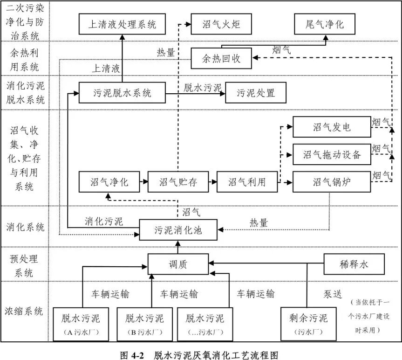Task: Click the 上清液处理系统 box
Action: pyautogui.click(x=123, y=24)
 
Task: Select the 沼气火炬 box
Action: pyautogui.click(x=221, y=24)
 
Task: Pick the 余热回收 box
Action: pyautogui.click(x=221, y=59)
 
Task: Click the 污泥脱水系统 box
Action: pyautogui.click(x=123, y=93)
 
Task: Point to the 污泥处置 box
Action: pyautogui.click(x=256, y=93)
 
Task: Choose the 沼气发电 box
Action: pyautogui.click(x=332, y=127)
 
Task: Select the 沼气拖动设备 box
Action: pyautogui.click(x=332, y=154)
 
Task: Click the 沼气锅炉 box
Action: pyautogui.click(x=332, y=182)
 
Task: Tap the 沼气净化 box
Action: pyautogui.click(x=109, y=182)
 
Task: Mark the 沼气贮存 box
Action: pyautogui.click(x=178, y=182)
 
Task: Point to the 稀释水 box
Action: pyautogui.click(x=354, y=264)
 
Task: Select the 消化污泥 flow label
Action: pyautogui.click(x=104, y=221)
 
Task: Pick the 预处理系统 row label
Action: pyautogui.click(x=24, y=264)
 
